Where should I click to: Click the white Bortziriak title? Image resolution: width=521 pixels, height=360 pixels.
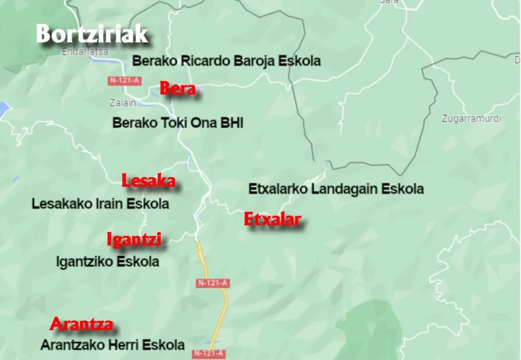[92, 35]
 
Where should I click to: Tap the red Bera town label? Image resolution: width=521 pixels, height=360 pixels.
[178, 89]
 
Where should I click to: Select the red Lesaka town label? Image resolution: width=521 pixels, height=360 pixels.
[148, 180]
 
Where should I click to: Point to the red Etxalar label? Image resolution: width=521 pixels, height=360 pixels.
[272, 219]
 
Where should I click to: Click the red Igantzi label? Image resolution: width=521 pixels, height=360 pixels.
[134, 239]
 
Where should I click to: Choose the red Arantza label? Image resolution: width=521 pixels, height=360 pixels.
[81, 324]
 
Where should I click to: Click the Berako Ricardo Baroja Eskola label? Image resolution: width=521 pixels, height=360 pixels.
[226, 61]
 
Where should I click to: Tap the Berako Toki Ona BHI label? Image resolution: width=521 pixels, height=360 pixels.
[178, 123]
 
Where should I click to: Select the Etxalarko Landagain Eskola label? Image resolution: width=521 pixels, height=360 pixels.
[336, 189]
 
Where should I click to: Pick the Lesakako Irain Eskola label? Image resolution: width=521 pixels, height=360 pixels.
[100, 204]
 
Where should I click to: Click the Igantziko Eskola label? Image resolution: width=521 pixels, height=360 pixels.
[107, 262]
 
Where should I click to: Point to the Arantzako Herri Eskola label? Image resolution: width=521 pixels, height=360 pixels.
[112, 345]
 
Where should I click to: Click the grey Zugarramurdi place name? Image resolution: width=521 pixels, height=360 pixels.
[471, 119]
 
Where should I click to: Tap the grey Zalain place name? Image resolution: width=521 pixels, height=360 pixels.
[123, 103]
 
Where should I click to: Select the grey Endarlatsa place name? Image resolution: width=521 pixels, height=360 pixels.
[84, 51]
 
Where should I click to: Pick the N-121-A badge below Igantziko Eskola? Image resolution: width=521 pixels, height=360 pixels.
[213, 284]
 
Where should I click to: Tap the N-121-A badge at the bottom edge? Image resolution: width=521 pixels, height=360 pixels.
[209, 353]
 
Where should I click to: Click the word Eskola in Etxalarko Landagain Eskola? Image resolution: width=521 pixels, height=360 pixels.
[402, 189]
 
